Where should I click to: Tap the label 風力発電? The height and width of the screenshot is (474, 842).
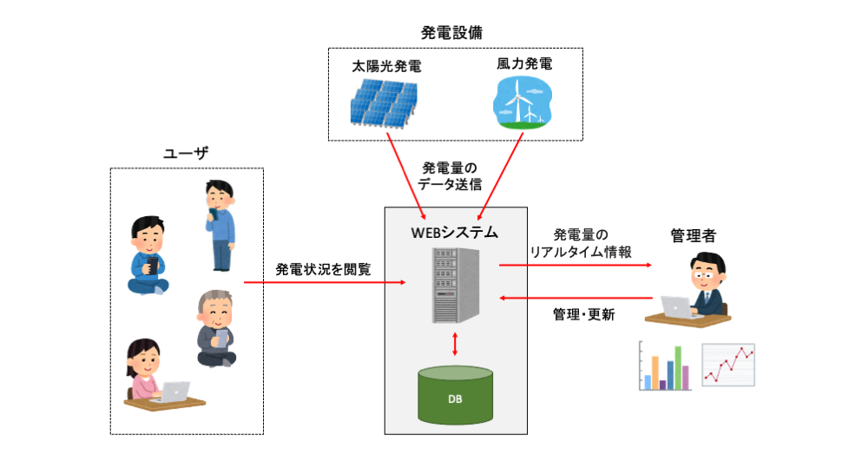pyautogui.click(x=524, y=64)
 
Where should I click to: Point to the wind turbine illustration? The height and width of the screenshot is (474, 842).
pyautogui.click(x=523, y=102)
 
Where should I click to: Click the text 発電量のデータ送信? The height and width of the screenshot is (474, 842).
pyautogui.click(x=450, y=175)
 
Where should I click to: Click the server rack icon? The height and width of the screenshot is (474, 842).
pyautogui.click(x=454, y=286)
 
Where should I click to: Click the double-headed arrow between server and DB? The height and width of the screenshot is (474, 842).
pyautogui.click(x=455, y=345)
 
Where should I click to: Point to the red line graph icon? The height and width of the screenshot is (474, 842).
pyautogui.click(x=728, y=365)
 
